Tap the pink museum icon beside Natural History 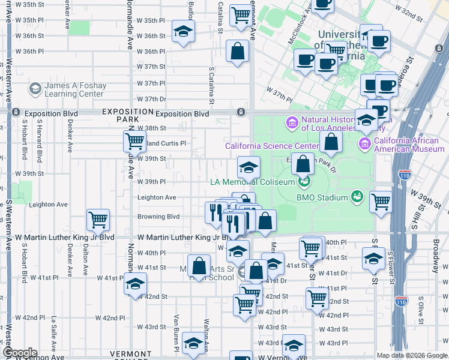[292, 123]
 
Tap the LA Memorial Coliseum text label [252, 182]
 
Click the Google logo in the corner [19, 353]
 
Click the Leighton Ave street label [157, 197]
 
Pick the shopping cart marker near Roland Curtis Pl [135, 142]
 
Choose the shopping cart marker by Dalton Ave [98, 220]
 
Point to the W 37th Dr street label [151, 99]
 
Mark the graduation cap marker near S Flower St [374, 259]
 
